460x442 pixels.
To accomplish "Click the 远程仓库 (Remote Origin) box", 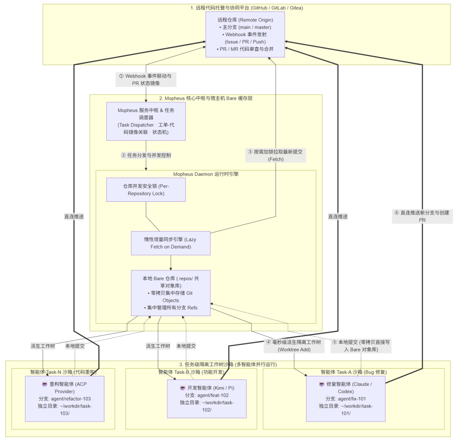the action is pyautogui.click(x=245, y=34).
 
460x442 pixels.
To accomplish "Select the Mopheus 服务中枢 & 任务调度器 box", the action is pyautogui.click(x=146, y=121).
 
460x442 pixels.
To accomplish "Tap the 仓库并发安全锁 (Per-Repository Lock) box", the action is pyautogui.click(x=146, y=189).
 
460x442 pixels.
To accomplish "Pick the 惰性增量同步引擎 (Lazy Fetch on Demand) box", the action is pyautogui.click(x=171, y=243).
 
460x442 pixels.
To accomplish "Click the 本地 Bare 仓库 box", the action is pyautogui.click(x=171, y=293).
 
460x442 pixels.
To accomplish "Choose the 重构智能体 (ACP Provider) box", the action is pyautogui.click(x=65, y=399).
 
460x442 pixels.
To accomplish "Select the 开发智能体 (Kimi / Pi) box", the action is pyautogui.click(x=207, y=399).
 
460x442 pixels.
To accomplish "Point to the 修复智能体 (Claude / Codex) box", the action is pyautogui.click(x=346, y=399).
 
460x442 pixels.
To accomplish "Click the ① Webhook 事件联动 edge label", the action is pyautogui.click(x=146, y=80).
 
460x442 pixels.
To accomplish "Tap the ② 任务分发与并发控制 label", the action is pyautogui.click(x=146, y=155).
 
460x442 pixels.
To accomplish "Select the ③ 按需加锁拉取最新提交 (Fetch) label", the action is pyautogui.click(x=276, y=155).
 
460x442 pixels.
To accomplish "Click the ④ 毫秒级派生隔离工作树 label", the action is pyautogui.click(x=294, y=346).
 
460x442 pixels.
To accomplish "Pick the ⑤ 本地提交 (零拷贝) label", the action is pyautogui.click(x=361, y=346).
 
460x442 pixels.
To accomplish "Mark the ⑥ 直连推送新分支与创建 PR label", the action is pyautogui.click(x=422, y=216).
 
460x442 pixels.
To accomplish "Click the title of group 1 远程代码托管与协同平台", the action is pyautogui.click(x=247, y=8).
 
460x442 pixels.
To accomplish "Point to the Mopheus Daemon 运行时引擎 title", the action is pyautogui.click(x=206, y=174).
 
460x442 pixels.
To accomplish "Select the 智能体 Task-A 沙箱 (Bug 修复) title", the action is pyautogui.click(x=354, y=372).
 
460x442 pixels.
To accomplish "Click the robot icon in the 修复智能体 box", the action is pyautogui.click(x=322, y=384).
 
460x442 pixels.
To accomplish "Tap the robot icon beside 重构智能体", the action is pyautogui.click(x=45, y=384).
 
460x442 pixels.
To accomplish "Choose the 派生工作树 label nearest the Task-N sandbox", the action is pyautogui.click(x=43, y=346).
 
